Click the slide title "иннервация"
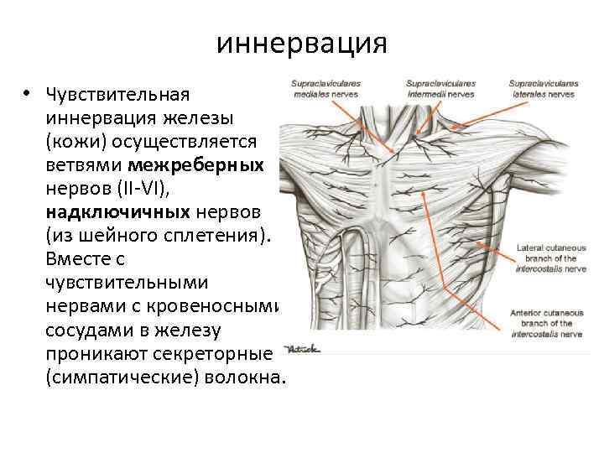tap(301, 43)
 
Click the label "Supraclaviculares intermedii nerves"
tap(440, 89)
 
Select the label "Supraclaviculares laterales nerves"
tap(543, 89)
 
